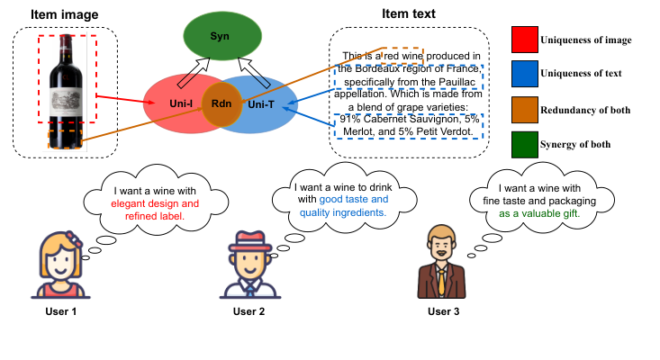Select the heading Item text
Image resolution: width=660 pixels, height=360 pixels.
coord(409,13)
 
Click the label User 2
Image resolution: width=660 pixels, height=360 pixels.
coord(249,311)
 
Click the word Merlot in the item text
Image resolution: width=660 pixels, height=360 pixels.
coord(361,131)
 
